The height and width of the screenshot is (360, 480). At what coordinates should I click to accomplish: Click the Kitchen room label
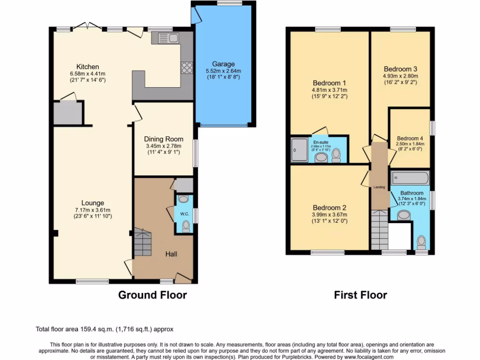pos(88,67)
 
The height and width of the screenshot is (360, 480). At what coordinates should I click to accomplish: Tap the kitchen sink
pos(165,37)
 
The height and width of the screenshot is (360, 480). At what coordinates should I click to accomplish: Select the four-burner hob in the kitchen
pos(187,67)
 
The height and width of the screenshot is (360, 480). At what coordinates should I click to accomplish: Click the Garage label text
pos(223,64)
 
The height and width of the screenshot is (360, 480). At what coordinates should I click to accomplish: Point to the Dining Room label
pos(164,139)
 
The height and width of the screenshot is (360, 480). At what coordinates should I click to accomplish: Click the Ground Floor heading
pos(152,295)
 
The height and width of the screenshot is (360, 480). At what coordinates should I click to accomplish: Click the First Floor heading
pos(360,295)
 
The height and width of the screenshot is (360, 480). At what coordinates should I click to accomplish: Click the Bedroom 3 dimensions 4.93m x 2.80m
pos(400,76)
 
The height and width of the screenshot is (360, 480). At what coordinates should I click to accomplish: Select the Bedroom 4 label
pos(410,138)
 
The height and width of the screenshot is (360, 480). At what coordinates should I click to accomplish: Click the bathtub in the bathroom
pos(410,178)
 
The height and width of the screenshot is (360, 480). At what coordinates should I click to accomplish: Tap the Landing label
pos(379,187)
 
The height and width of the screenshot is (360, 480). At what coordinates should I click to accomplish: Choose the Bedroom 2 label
pos(330,208)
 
